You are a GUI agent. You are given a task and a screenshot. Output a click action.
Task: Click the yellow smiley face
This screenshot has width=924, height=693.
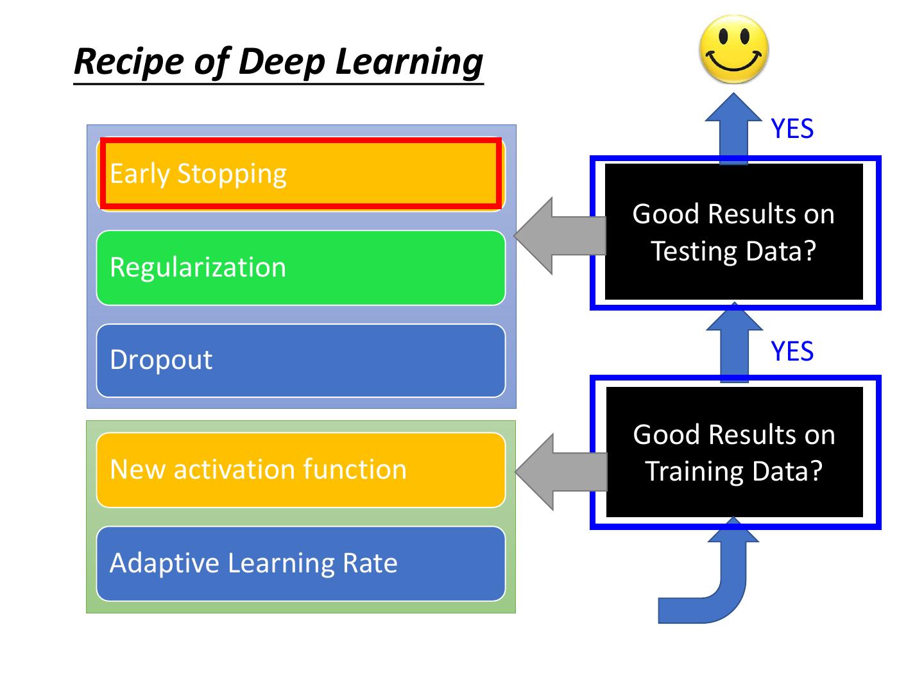(733, 49)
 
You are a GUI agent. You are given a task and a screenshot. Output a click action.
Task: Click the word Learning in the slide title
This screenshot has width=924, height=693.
(409, 62)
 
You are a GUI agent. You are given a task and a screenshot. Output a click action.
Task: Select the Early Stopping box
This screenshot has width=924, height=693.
(300, 173)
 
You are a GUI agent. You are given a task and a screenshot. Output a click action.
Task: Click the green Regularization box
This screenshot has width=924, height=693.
(300, 267)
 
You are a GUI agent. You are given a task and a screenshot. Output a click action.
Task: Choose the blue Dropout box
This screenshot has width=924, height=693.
(300, 360)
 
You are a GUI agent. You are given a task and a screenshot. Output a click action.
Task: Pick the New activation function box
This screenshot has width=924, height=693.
(300, 470)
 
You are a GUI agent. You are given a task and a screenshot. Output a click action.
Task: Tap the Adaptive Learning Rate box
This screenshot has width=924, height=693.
(300, 563)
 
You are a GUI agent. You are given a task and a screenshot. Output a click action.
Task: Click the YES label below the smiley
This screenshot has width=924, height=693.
(792, 128)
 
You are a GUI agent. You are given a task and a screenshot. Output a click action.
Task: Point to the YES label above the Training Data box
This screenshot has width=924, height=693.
(792, 351)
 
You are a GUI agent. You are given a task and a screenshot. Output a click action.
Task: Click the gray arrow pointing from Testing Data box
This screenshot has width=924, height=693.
(560, 235)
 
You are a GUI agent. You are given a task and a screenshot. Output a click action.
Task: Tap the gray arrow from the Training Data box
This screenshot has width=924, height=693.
(561, 472)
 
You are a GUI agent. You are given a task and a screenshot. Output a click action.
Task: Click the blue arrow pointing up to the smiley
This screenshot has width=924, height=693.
(733, 128)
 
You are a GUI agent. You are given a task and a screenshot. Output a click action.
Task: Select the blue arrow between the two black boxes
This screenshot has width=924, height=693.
(734, 342)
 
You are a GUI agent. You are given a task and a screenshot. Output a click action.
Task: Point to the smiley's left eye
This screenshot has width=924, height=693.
(723, 36)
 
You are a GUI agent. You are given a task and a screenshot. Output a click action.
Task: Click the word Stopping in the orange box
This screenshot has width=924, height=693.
(232, 175)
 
